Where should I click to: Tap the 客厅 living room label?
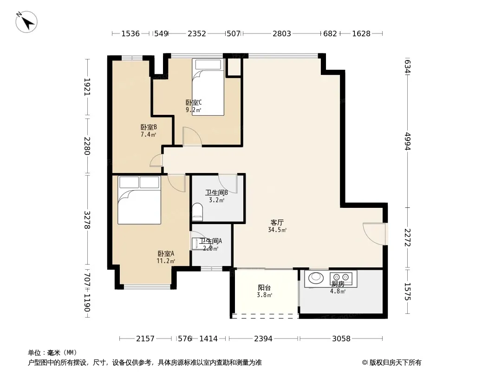(277, 223)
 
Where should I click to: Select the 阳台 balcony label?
(264, 288)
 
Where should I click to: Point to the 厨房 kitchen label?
(338, 284)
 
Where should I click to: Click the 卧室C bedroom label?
(194, 102)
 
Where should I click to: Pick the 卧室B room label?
(149, 127)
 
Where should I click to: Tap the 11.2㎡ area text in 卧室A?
(166, 261)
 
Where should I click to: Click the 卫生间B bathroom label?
(216, 193)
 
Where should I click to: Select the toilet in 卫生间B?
(197, 212)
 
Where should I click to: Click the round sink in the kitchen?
(316, 278)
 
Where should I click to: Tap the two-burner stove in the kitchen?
(341, 277)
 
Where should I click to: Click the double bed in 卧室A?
(139, 200)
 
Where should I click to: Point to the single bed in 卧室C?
(208, 87)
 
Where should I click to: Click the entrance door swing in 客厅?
(374, 234)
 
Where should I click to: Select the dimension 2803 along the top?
(281, 33)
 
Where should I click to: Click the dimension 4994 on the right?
(408, 141)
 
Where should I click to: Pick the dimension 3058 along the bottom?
(341, 339)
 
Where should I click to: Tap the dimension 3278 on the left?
(87, 220)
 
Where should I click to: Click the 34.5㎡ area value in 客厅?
(277, 230)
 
